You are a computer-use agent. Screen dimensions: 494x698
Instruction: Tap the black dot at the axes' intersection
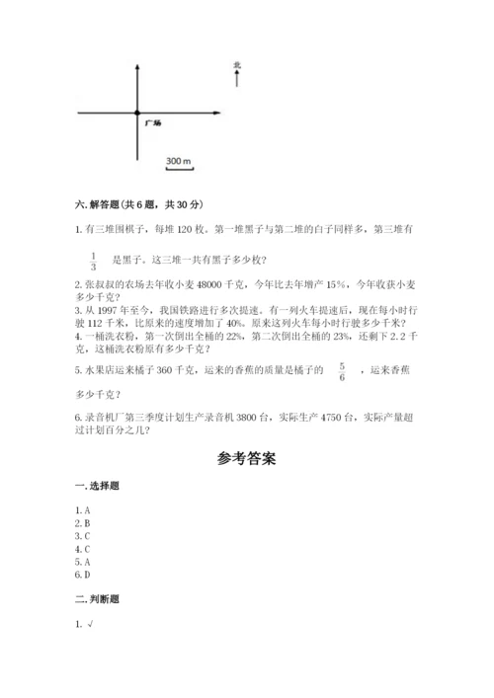137,113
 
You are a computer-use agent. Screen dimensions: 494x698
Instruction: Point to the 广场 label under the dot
152,123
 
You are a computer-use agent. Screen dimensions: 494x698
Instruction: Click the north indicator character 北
237,65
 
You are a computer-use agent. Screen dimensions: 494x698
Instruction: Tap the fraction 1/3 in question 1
93,260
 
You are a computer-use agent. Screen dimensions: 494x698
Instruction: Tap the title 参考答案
246,459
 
